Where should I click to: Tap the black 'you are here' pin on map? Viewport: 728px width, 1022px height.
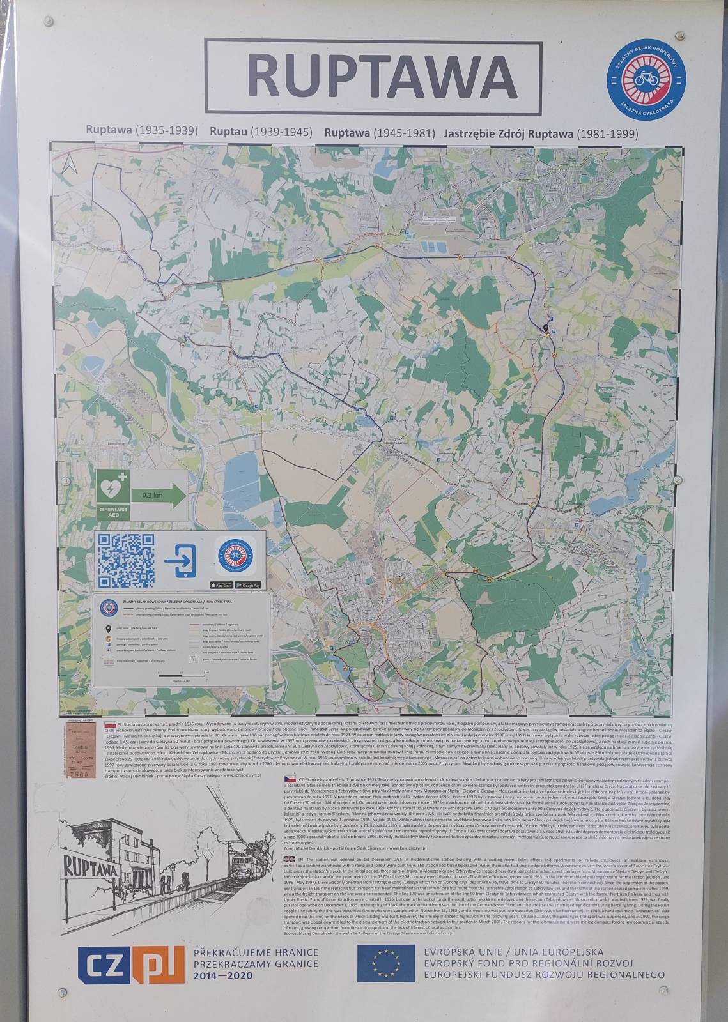546,328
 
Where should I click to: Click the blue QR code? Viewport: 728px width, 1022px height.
125,560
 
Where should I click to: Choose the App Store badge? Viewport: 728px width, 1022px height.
219,584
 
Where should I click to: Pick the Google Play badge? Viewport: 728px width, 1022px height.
248,584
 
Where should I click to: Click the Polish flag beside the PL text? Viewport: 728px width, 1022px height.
109,726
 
